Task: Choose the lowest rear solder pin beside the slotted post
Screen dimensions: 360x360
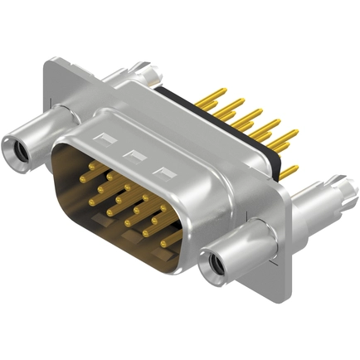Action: click(x=291, y=176)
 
